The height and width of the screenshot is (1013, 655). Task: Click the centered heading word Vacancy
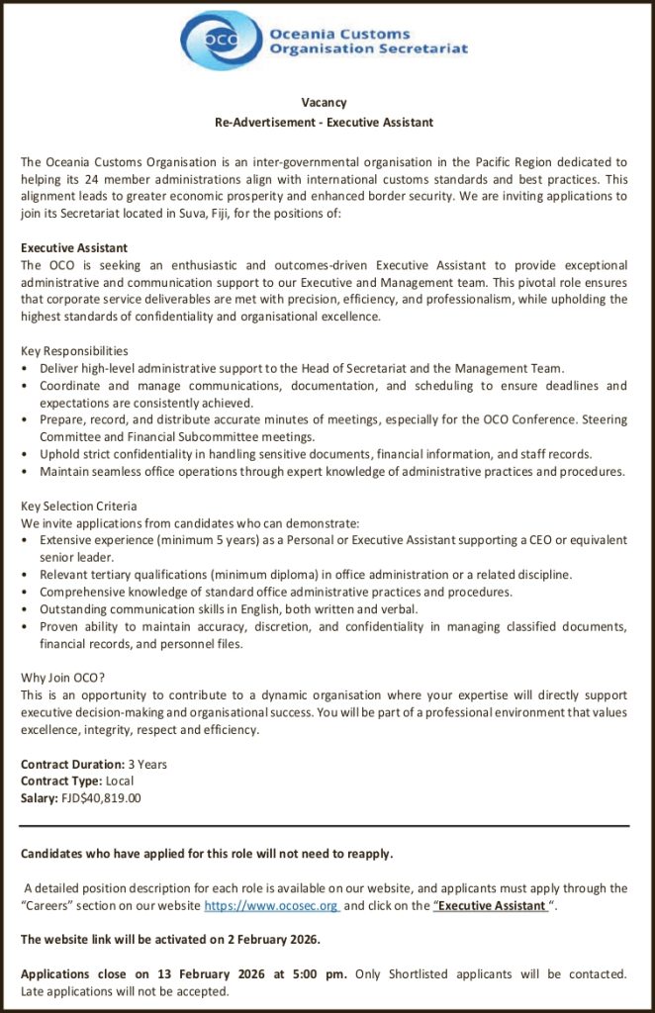coord(325,103)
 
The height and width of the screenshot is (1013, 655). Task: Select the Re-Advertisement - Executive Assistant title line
coord(325,123)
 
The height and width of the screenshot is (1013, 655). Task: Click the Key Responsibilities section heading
coord(74,351)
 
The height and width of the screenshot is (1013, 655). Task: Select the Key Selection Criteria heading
coord(79,506)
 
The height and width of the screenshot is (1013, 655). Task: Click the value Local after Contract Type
coord(120,782)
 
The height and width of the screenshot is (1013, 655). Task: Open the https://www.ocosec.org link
coord(272,906)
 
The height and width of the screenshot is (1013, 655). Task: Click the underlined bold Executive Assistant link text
coord(491,906)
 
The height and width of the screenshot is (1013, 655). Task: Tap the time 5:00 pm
coord(318,974)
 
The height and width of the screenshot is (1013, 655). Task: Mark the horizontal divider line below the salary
coord(325,826)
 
